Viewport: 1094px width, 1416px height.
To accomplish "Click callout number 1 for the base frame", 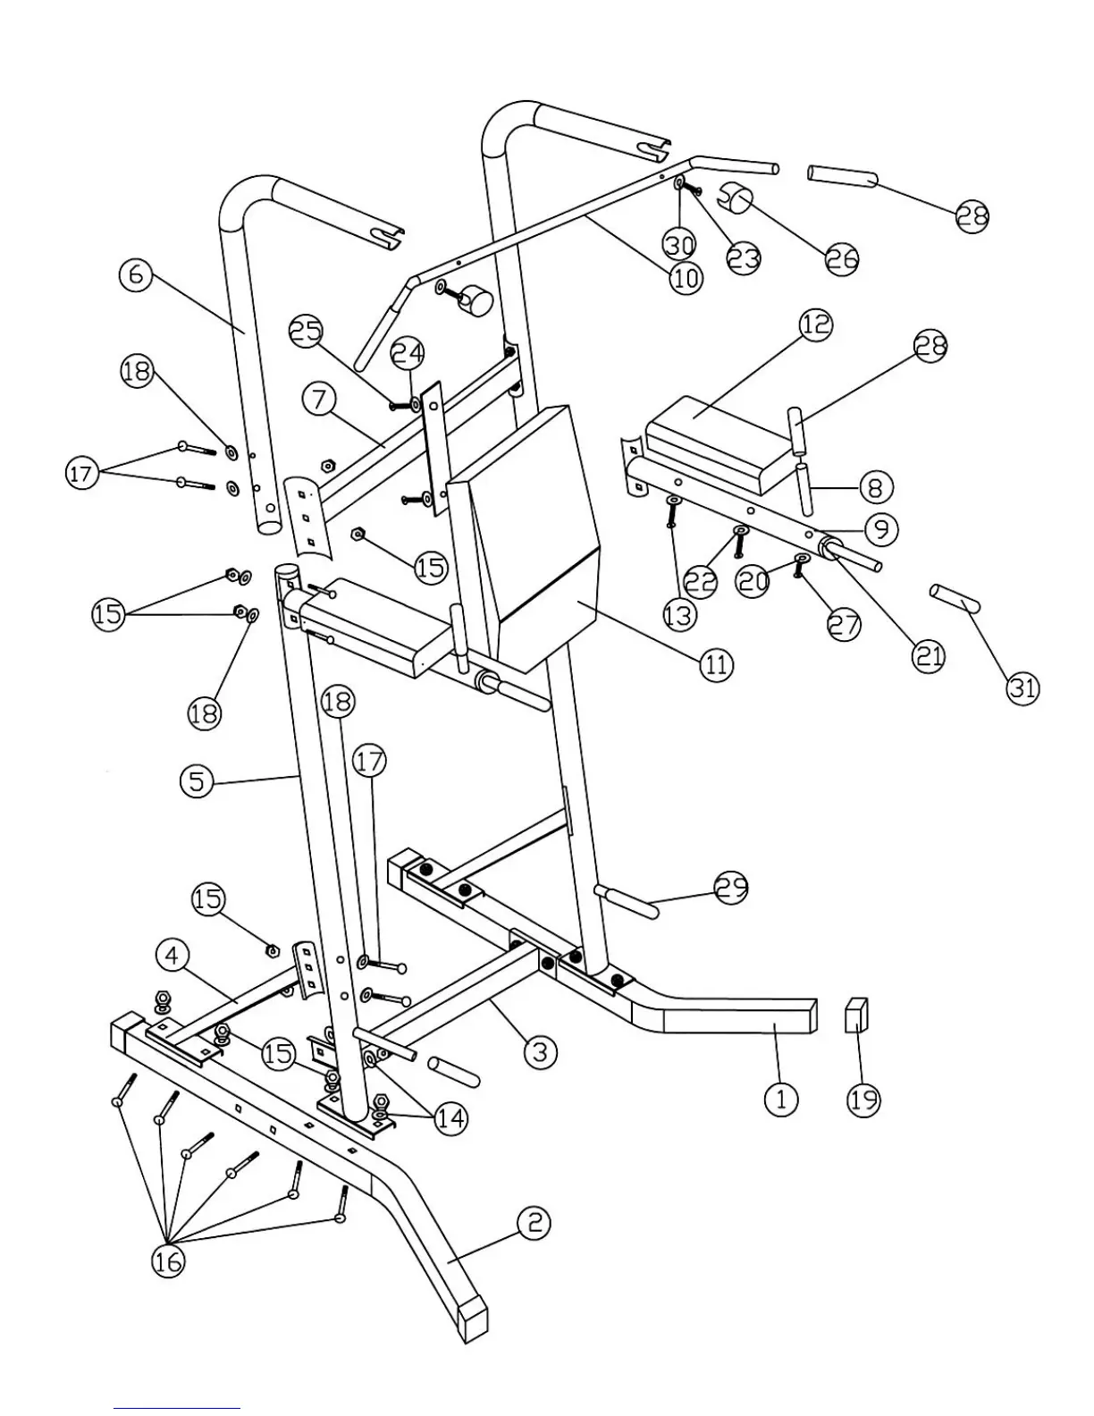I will pos(781,1098).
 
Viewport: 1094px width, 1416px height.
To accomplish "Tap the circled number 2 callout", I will pos(534,1222).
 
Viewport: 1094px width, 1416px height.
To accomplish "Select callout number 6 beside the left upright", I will pos(136,274).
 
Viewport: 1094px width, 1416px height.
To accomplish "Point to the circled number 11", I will pos(716,665).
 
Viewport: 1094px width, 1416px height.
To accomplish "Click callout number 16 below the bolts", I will pos(168,1260).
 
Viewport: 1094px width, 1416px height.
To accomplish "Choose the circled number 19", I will pos(863,1099).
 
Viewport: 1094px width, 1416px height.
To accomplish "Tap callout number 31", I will pos(1023,687).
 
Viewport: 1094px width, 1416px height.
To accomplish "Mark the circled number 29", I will pos(731,888).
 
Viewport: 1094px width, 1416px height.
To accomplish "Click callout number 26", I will pos(841,258).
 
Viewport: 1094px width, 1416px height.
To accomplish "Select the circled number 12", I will pos(815,325).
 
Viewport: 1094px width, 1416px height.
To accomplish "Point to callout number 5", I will pos(198,782).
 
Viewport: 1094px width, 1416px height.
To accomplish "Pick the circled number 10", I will pos(686,279).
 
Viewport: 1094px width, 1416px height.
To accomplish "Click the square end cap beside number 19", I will pos(857,1016).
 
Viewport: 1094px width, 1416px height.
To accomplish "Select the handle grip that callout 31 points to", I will pos(955,597).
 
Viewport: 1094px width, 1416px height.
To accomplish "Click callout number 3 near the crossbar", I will pos(539,1051).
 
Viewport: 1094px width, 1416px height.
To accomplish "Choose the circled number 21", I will pos(929,656).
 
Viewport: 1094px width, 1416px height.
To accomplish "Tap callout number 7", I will pos(319,400).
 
